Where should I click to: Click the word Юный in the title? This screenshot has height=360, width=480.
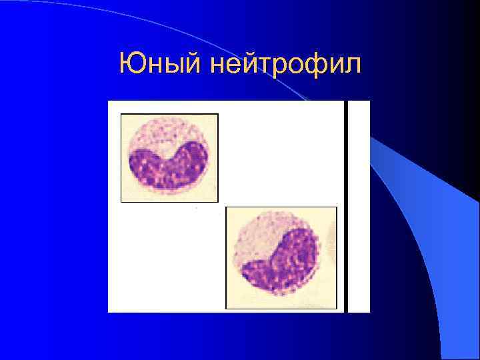click(x=160, y=65)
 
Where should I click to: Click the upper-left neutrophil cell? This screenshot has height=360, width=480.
click(x=169, y=157)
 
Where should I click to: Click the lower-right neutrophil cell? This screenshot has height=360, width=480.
click(x=281, y=257)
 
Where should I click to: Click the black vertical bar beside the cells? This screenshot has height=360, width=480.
click(x=346, y=207)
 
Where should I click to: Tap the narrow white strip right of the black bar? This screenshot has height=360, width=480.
click(x=359, y=207)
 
